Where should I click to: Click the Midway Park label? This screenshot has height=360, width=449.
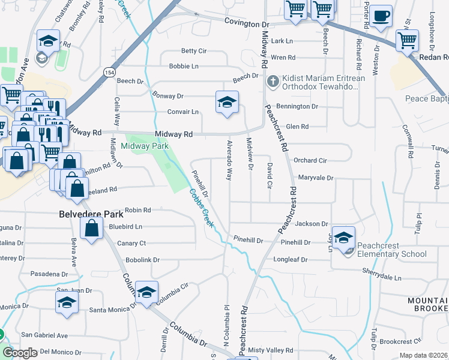coord(145,146)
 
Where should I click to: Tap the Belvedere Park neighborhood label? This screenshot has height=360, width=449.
coord(91,214)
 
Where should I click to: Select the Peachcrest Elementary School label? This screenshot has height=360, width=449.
coord(391,250)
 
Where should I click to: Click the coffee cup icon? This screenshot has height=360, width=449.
coord(381,16)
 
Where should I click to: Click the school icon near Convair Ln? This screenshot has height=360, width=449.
coord(227,103)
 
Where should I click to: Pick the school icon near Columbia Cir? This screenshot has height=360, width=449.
coord(146,292)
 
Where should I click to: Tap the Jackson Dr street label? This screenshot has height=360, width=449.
coord(312,223)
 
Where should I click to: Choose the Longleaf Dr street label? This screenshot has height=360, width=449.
coord(291,260)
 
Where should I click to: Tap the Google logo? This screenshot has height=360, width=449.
coord(19,353)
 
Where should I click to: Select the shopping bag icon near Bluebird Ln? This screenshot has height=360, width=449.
coord(91,228)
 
